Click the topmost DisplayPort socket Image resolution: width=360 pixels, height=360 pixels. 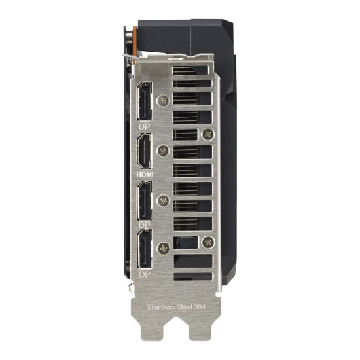(x=145, y=101)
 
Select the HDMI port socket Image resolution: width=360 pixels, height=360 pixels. (x=144, y=151)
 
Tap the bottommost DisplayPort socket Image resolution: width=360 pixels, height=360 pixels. (x=145, y=249)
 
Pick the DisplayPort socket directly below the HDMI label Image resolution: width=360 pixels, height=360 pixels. (x=145, y=201)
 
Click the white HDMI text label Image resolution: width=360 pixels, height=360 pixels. (x=145, y=175)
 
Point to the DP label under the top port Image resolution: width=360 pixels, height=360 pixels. (x=145, y=126)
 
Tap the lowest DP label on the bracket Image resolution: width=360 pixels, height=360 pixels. (x=145, y=274)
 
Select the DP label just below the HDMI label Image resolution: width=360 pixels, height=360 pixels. (x=145, y=225)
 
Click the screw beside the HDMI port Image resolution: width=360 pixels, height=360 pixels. (x=163, y=151)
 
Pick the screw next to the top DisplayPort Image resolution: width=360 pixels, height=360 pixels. (x=163, y=101)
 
